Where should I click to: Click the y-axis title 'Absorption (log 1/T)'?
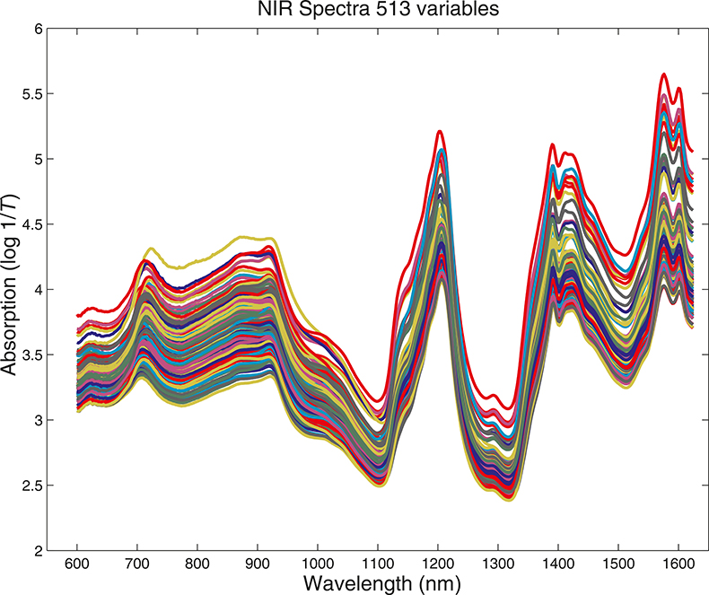click(12, 289)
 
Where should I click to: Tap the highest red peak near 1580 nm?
click(663, 74)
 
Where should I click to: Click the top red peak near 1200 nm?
click(440, 132)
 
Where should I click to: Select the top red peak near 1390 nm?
click(552, 144)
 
